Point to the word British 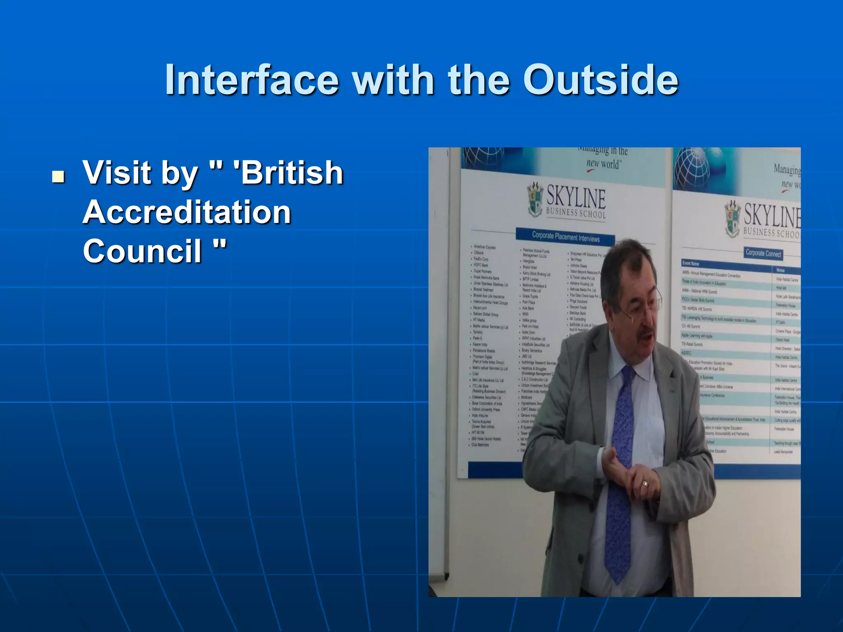(288, 173)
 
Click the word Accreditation (187, 212)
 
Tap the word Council (142, 251)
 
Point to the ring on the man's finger (645, 483)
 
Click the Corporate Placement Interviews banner (565, 237)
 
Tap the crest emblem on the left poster (535, 200)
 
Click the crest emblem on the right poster (732, 218)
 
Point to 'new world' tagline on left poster (603, 164)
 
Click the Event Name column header (691, 263)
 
